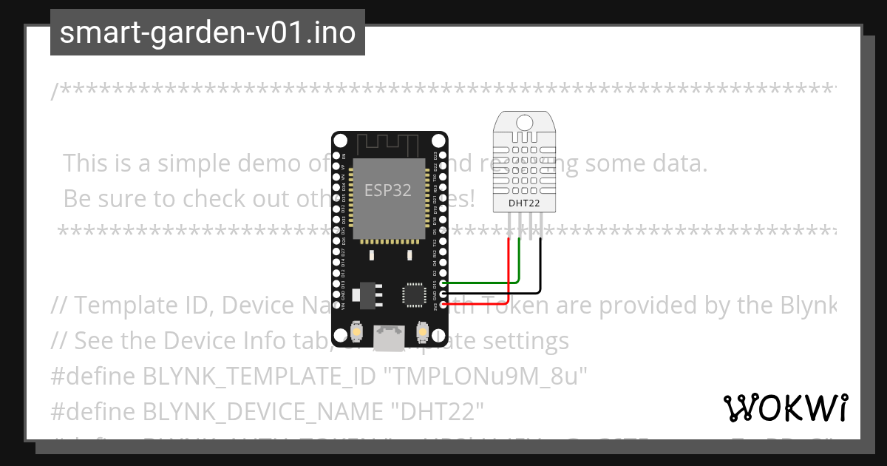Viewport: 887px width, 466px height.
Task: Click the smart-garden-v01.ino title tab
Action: pyautogui.click(x=207, y=33)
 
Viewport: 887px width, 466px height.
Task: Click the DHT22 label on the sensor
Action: pyautogui.click(x=525, y=203)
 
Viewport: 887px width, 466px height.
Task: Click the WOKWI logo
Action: pyautogui.click(x=785, y=408)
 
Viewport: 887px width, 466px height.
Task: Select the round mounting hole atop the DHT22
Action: pyautogui.click(x=525, y=121)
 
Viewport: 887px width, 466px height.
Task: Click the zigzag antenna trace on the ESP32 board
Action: pyautogui.click(x=389, y=141)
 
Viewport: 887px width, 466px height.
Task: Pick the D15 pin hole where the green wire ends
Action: pyautogui.click(x=443, y=283)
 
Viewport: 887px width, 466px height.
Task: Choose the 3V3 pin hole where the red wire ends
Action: pyautogui.click(x=443, y=303)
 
